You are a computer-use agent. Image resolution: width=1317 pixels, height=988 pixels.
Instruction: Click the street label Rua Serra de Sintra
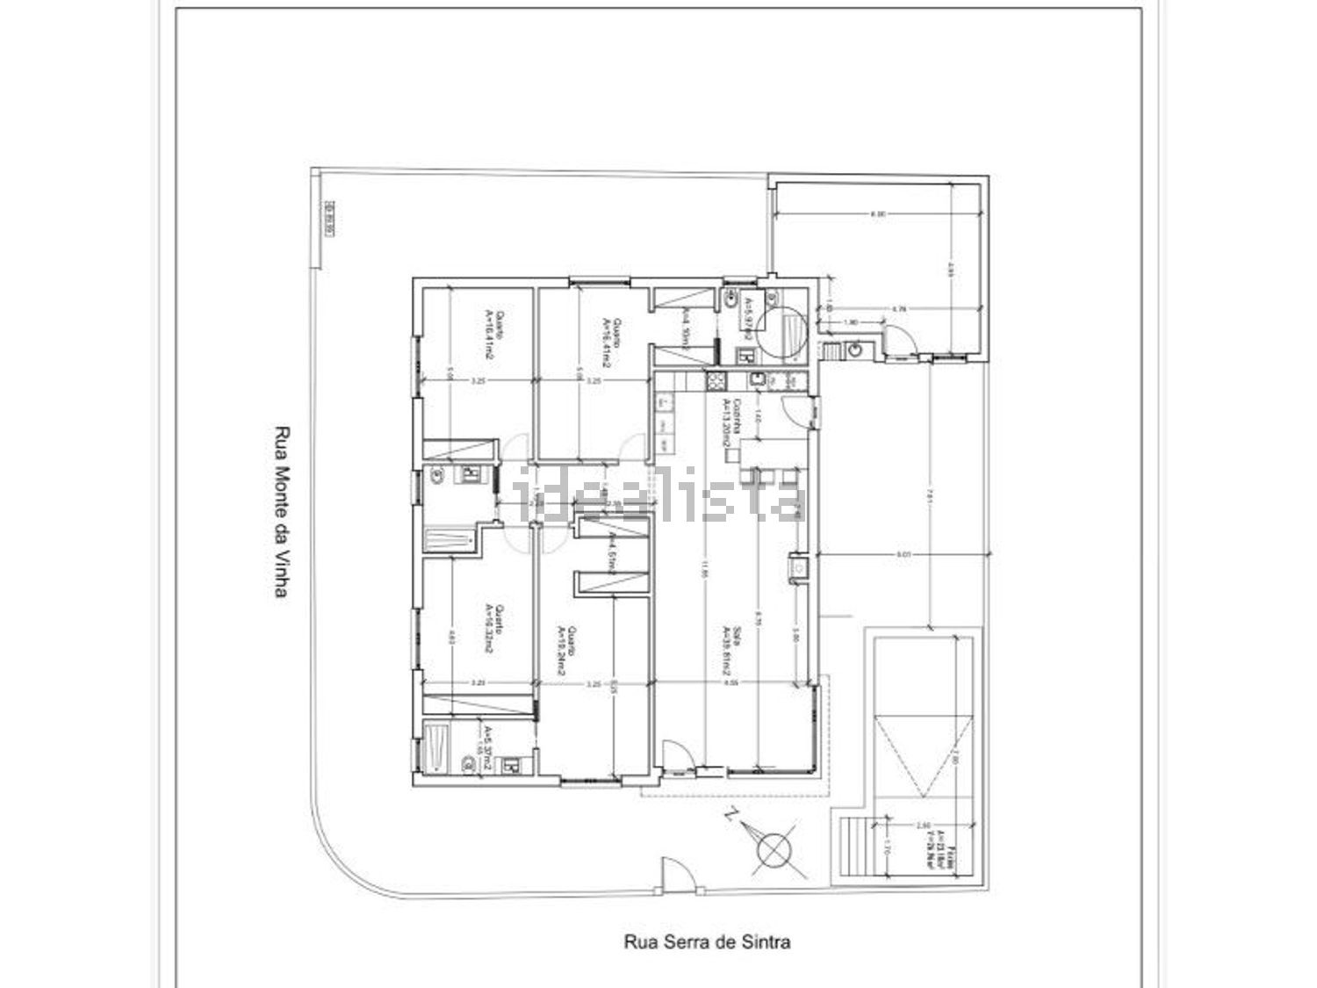click(707, 942)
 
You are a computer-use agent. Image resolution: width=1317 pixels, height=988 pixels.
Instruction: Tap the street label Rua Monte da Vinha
click(282, 512)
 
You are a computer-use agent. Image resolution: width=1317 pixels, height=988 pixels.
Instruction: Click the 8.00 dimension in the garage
click(877, 213)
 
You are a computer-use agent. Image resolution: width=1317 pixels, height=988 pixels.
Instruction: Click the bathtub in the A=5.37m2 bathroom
click(435, 747)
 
